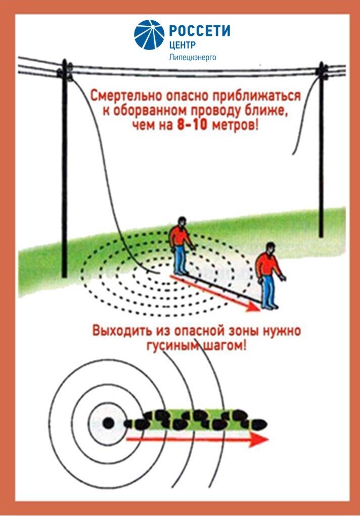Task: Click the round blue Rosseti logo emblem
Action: click(x=149, y=35)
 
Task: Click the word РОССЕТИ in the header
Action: click(x=200, y=31)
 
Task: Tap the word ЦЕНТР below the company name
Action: click(x=182, y=45)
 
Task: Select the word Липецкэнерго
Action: click(x=192, y=58)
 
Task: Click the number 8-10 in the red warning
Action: click(x=192, y=125)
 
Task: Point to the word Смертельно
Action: click(x=126, y=96)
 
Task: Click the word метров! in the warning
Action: click(x=234, y=126)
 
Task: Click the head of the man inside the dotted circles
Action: click(x=181, y=221)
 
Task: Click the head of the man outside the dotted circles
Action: click(x=270, y=248)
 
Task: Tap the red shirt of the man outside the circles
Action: click(x=268, y=265)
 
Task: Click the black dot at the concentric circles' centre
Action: click(x=108, y=423)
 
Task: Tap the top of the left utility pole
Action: click(x=65, y=60)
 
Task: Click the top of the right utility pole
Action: click(x=321, y=63)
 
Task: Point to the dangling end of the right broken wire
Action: click(x=293, y=154)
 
